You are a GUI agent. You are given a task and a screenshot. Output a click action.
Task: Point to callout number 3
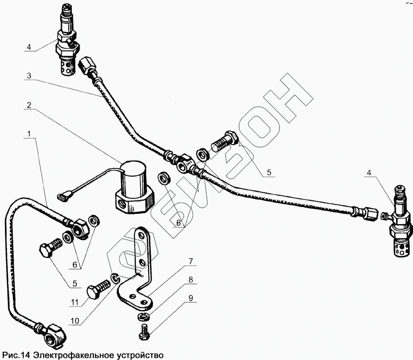(28, 76)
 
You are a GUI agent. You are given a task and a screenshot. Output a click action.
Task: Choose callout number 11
(74, 302)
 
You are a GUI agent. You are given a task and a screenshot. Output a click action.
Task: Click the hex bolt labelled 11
(100, 289)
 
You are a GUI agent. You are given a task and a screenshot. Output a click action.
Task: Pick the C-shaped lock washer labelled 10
(115, 279)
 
